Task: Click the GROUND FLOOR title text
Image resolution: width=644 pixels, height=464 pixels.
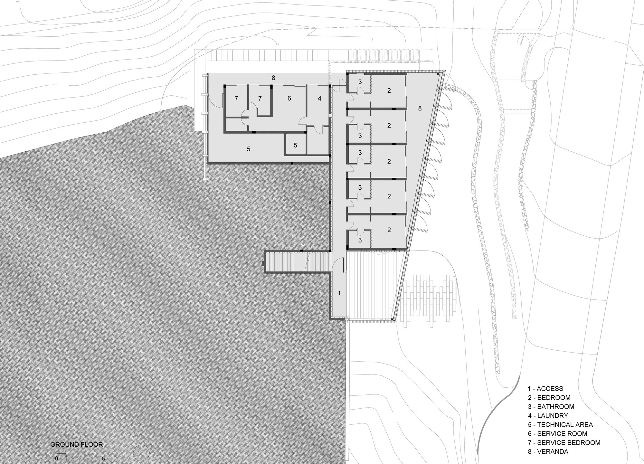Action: (x=77, y=445)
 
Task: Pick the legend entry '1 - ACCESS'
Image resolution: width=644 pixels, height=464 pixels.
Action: (x=545, y=389)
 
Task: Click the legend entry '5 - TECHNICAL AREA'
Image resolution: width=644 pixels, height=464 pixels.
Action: (x=560, y=425)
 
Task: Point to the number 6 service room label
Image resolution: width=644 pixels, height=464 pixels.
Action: (x=289, y=99)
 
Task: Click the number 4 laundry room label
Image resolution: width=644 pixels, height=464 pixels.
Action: (x=319, y=99)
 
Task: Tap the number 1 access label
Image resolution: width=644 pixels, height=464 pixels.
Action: (x=339, y=293)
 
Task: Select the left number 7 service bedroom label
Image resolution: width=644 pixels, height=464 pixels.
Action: (x=236, y=99)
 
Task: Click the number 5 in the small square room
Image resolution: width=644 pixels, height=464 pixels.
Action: (x=295, y=146)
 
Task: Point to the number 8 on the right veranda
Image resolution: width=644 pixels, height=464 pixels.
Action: (x=420, y=109)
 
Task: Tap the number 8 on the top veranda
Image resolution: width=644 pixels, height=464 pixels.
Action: (x=273, y=78)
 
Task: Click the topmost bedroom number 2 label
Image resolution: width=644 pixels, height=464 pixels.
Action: (x=389, y=91)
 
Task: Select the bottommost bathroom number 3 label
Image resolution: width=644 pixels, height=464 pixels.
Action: (x=360, y=240)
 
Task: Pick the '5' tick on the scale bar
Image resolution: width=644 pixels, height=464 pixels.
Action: (x=103, y=459)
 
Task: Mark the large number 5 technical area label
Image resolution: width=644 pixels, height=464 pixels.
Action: (x=248, y=149)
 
